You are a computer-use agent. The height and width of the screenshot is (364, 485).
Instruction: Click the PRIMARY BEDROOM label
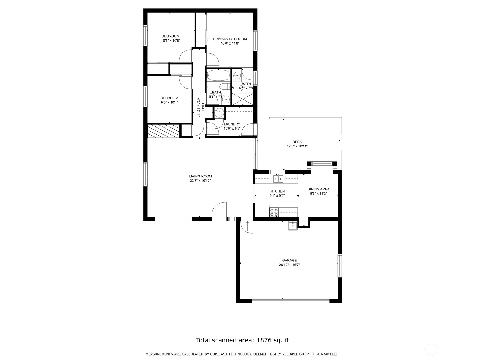point(230,39)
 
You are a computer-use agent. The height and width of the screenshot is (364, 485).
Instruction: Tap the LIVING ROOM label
point(200,176)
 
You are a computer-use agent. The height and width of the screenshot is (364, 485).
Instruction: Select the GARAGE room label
point(289,260)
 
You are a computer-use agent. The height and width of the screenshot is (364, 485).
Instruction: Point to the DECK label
point(297,142)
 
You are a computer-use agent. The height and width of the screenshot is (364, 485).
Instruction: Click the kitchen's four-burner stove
point(274,212)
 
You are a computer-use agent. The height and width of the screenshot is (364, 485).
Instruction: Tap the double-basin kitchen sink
point(278,178)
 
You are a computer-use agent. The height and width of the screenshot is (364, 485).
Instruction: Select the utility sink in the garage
point(293,226)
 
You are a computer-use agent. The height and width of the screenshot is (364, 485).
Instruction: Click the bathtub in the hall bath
point(218,75)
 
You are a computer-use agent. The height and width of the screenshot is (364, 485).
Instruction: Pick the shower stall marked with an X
point(242,99)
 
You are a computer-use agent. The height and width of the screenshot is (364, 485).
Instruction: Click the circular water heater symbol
point(219,113)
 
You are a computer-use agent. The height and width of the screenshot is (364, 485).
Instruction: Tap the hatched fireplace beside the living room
point(163,131)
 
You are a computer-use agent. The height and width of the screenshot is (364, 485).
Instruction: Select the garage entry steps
point(248,227)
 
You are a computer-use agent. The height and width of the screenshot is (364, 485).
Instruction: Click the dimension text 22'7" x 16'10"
point(200,180)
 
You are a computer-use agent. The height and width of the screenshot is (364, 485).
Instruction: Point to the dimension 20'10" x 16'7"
point(289,265)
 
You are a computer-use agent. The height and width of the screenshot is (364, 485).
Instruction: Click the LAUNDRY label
point(232,124)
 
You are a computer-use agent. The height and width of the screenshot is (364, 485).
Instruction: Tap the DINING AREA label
point(318,189)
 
